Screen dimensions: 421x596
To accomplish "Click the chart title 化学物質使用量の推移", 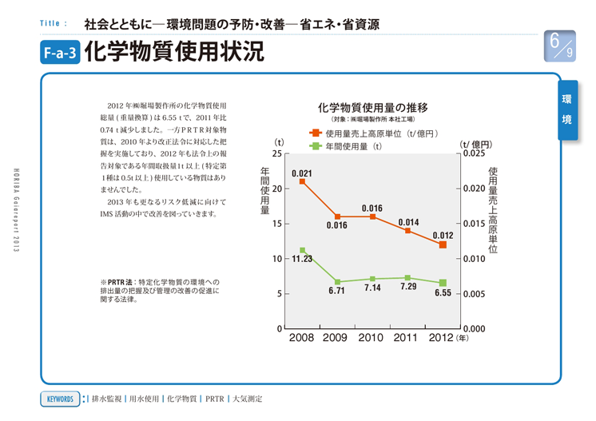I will tap(372, 107).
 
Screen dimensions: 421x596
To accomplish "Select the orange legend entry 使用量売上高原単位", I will tap(374, 133).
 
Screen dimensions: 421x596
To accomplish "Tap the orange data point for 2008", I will tap(302, 181).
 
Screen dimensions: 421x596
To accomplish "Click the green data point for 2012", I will tap(443, 283).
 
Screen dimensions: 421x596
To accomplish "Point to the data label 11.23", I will tap(301, 260).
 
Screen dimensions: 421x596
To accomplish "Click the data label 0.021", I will tap(302, 173).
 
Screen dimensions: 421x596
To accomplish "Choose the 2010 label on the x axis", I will tap(372, 339).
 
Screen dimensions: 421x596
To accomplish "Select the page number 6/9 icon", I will tap(559, 46).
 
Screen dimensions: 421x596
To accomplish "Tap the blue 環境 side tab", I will tap(567, 109).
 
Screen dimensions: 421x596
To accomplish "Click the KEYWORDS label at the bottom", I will tap(59, 398).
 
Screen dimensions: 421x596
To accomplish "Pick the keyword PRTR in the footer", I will tap(215, 398).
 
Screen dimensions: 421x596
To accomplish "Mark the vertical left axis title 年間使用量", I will tap(264, 191).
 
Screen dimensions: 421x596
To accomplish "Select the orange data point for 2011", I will tap(407, 230).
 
